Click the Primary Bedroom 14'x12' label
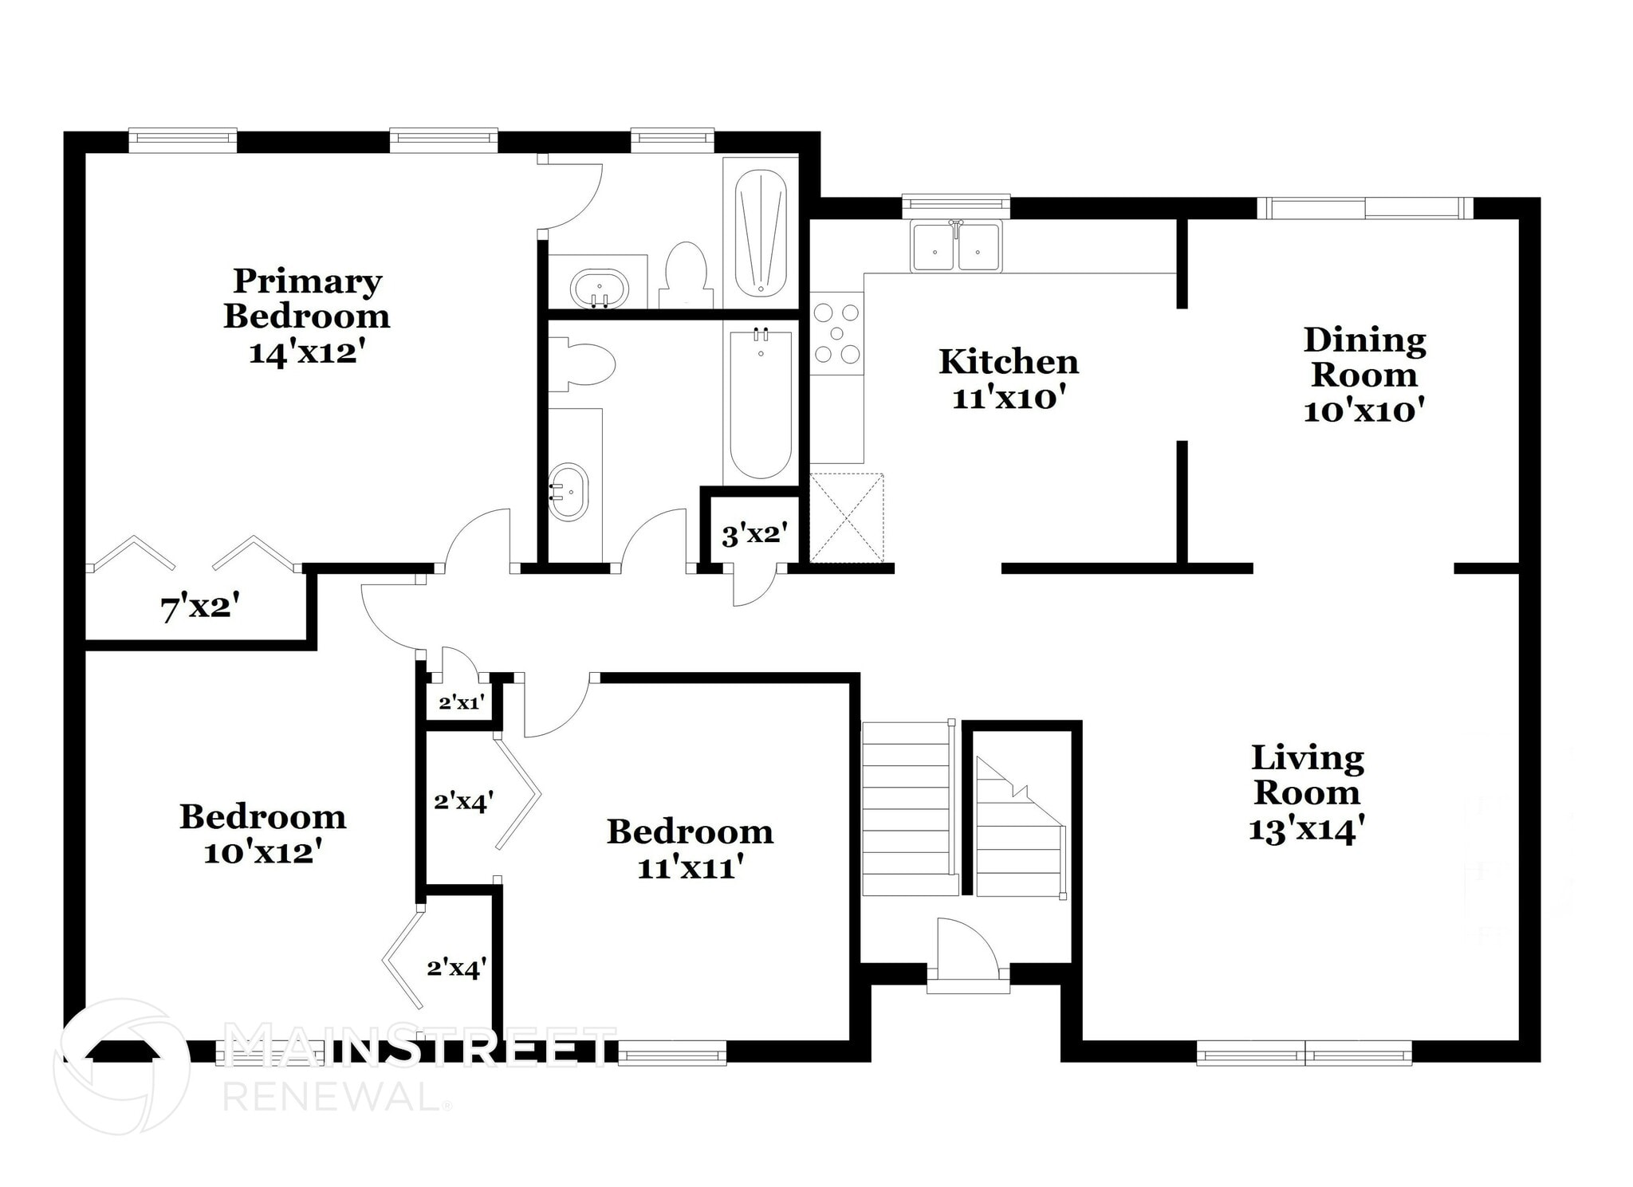tap(306, 316)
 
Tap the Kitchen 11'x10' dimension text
tap(1009, 398)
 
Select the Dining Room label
tap(1364, 357)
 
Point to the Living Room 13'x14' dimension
tap(1306, 830)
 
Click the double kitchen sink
tap(956, 246)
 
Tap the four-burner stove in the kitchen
tap(837, 333)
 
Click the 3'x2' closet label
tap(754, 534)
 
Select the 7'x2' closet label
tap(200, 610)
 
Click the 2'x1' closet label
tap(461, 703)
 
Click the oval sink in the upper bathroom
tap(600, 288)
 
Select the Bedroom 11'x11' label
tap(690, 848)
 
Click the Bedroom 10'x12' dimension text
tap(262, 853)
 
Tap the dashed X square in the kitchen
tap(847, 517)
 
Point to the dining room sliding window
tap(1365, 208)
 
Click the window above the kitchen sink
tap(956, 205)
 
